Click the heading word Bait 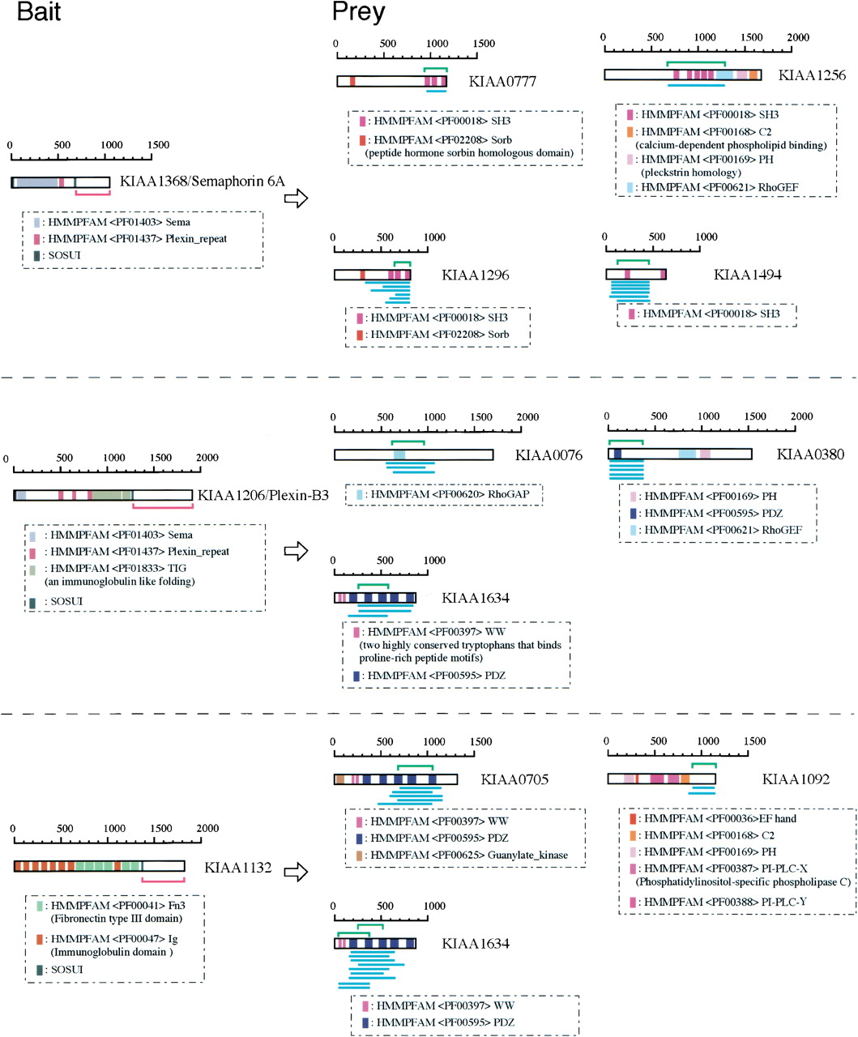pos(39,13)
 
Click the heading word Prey pos(358,14)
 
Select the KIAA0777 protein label pos(502,82)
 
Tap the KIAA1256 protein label pos(812,75)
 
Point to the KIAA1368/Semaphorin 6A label pos(202,181)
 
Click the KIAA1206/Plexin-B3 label pos(263,495)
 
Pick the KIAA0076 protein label pos(549,455)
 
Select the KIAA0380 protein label pos(810,454)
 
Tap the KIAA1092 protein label pos(796,779)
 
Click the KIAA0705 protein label pos(514,779)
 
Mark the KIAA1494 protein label pos(747,275)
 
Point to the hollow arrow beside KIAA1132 pos(297,872)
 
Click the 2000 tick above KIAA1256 pos(797,37)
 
